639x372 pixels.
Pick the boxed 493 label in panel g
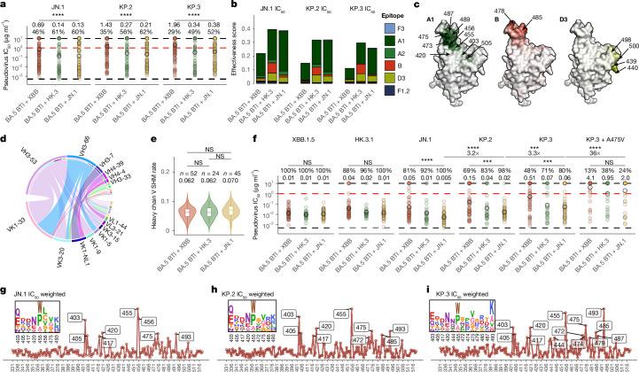click(185, 337)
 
